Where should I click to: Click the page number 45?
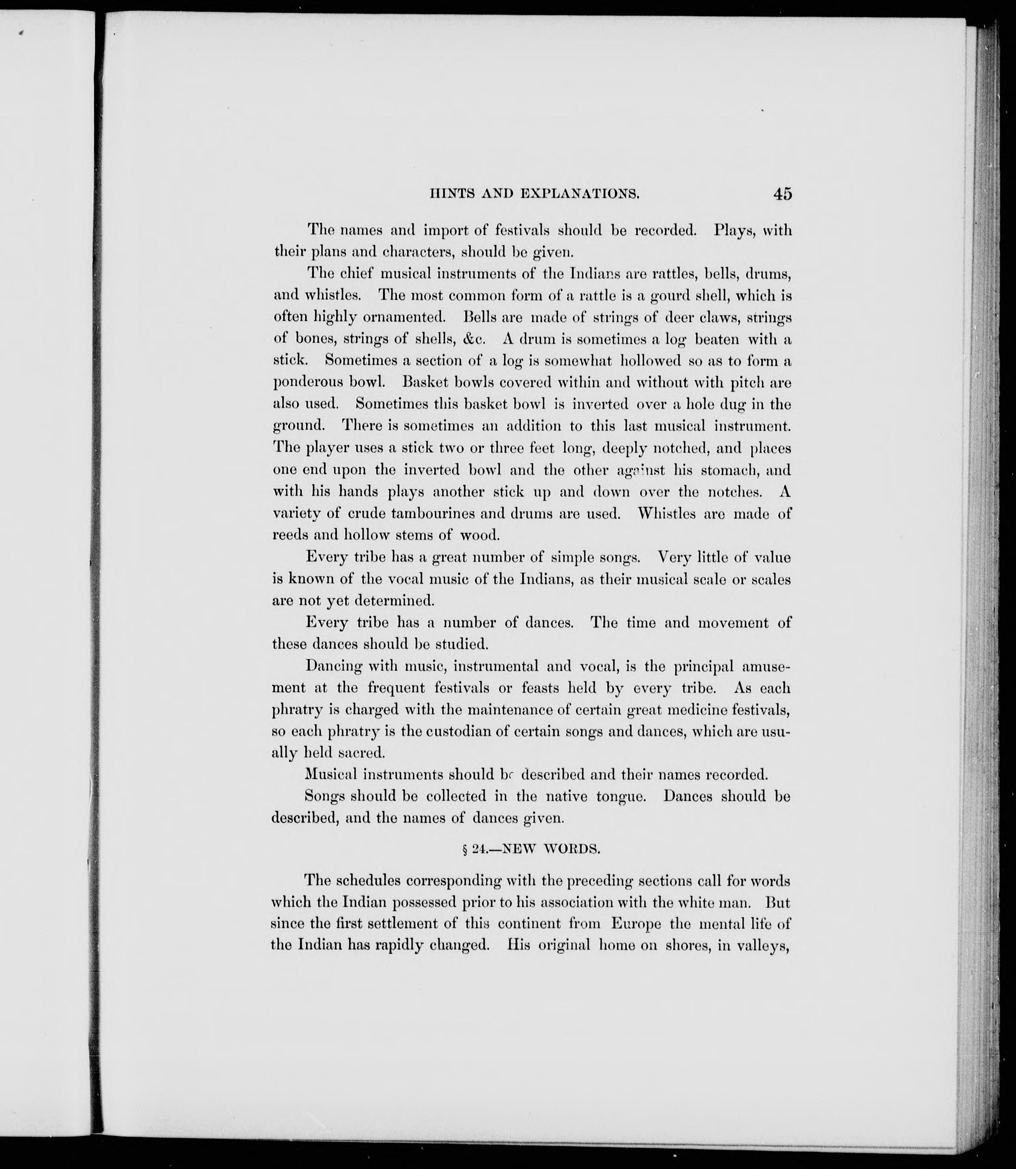tap(781, 193)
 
